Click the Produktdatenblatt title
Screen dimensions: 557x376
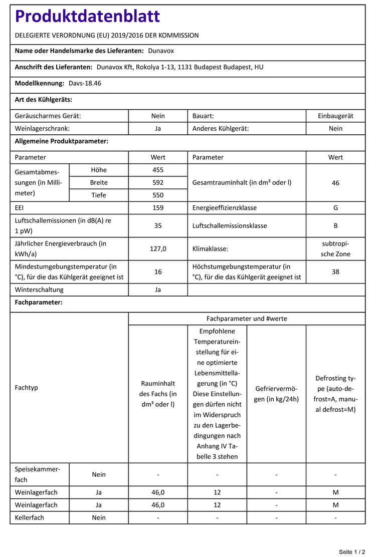click(88, 17)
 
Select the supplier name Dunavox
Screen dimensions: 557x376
click(161, 51)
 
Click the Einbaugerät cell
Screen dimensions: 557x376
click(335, 116)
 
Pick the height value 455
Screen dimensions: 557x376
click(158, 170)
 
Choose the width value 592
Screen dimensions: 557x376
click(158, 182)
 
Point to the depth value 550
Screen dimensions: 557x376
click(158, 195)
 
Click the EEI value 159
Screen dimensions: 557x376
click(158, 207)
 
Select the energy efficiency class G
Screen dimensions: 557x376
click(335, 207)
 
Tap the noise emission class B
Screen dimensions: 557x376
click(335, 225)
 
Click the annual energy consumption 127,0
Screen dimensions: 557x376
click(158, 248)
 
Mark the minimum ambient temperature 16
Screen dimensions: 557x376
click(158, 271)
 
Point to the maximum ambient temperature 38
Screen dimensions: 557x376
click(335, 271)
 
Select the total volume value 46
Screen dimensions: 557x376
click(335, 183)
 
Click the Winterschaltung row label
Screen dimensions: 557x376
click(39, 290)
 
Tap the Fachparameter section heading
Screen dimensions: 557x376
click(39, 303)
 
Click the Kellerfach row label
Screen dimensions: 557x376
click(30, 517)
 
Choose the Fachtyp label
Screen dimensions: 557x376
click(27, 388)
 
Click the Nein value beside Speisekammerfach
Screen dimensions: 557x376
click(99, 474)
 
